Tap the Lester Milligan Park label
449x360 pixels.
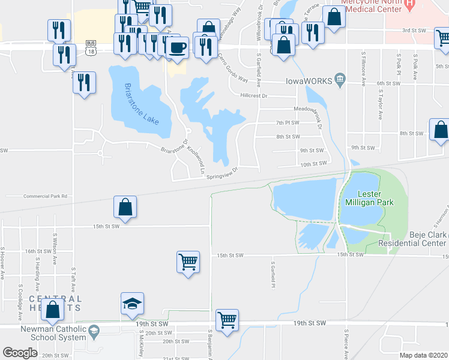click(376, 198)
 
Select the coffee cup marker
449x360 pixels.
click(176, 47)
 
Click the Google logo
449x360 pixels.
click(20, 353)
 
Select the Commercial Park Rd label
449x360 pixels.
click(45, 196)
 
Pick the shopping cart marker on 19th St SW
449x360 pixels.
click(227, 320)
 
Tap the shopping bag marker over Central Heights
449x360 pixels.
click(53, 310)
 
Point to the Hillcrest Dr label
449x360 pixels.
click(253, 95)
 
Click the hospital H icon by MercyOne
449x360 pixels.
click(411, 5)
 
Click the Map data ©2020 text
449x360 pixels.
click(423, 355)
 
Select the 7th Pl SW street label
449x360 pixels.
click(288, 122)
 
